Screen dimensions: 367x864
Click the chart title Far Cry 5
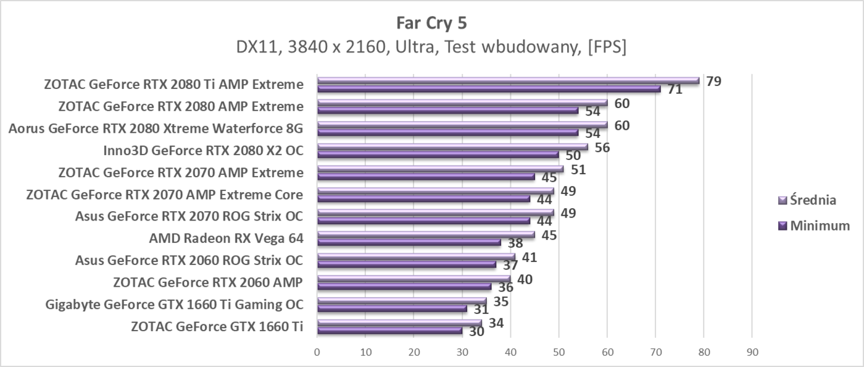(x=431, y=23)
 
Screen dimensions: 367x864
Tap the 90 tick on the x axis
(x=752, y=352)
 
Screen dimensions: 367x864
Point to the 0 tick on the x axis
(x=317, y=352)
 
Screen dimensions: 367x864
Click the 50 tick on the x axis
(x=559, y=352)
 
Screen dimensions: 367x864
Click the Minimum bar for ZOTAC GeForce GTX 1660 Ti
(x=389, y=331)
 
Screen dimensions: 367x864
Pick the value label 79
(x=714, y=81)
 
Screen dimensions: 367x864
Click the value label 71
(x=675, y=90)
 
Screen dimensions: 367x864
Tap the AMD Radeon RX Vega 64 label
(x=226, y=238)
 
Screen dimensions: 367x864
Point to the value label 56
(x=602, y=147)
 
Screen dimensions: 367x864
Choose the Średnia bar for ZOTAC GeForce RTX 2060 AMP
(x=413, y=279)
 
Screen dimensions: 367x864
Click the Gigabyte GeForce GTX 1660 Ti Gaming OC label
(x=174, y=305)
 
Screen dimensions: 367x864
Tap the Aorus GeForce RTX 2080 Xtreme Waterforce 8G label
(x=156, y=129)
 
